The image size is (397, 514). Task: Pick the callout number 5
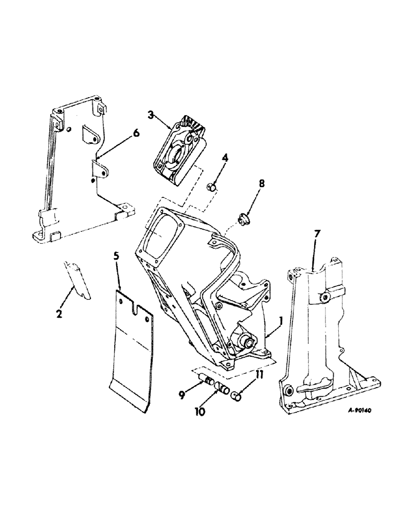pos(118,268)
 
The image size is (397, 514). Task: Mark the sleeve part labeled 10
pos(222,388)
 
